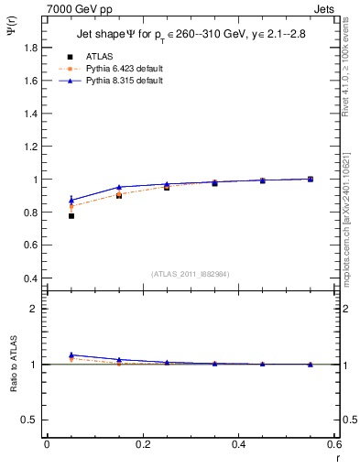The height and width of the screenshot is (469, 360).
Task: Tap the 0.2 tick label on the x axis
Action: [x=142, y=444]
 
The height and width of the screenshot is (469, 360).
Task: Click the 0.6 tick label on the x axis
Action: [x=334, y=444]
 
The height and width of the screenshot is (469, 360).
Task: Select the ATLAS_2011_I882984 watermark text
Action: [x=190, y=274]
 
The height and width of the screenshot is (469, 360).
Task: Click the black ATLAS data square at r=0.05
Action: [x=71, y=216]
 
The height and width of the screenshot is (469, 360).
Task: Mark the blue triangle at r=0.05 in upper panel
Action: [x=71, y=200]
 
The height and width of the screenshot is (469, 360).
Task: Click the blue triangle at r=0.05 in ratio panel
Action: [x=71, y=354]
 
